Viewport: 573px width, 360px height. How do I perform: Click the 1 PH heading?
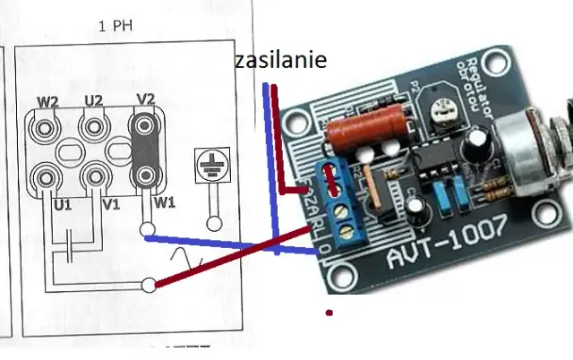pyautogui.click(x=115, y=26)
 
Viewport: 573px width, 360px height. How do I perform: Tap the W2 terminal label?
pyautogui.click(x=47, y=101)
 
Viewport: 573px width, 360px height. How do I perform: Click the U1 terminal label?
pyautogui.click(x=62, y=205)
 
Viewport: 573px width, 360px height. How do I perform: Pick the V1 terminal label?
pyautogui.click(x=111, y=205)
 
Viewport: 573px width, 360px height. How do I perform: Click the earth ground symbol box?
pyautogui.click(x=214, y=168)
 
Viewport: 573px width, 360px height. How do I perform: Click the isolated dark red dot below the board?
pyautogui.click(x=330, y=313)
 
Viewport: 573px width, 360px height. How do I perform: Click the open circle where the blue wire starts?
pyautogui.click(x=146, y=231)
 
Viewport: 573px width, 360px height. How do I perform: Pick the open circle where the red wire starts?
pyautogui.click(x=148, y=287)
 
